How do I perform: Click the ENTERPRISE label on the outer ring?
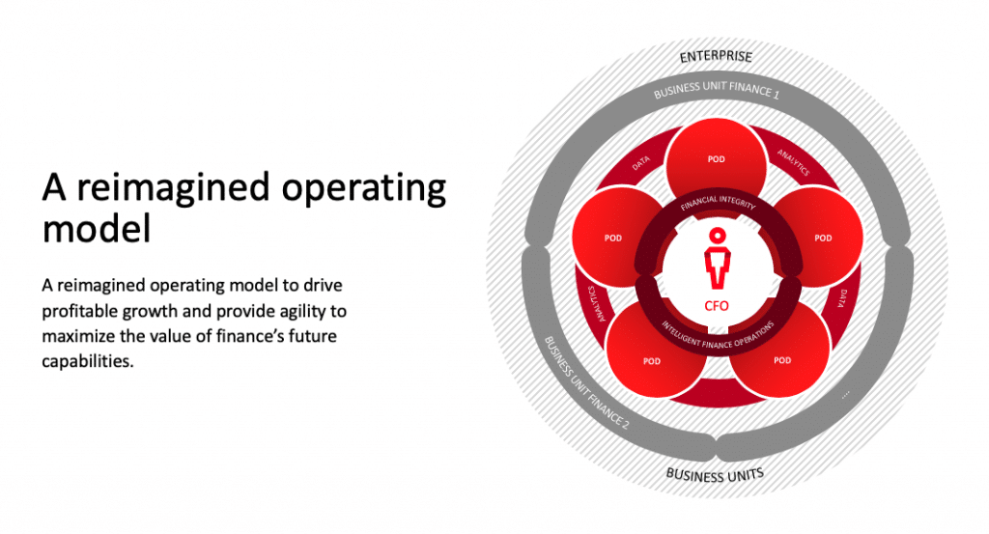tap(716, 57)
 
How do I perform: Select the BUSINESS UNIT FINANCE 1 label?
tap(717, 90)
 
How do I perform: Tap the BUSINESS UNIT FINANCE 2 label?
tap(586, 382)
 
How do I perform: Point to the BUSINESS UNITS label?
tap(715, 475)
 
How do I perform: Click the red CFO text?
tap(717, 306)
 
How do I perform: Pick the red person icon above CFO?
tap(718, 259)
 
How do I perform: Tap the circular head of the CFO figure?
tap(718, 236)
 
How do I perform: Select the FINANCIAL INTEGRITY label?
tap(718, 202)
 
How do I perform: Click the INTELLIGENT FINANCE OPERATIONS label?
tap(718, 337)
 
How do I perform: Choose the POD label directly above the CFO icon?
tap(716, 159)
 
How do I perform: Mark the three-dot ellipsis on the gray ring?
tap(845, 395)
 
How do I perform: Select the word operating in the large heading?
tap(364, 188)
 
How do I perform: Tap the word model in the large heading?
tap(97, 228)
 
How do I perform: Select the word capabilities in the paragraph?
tap(88, 361)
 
